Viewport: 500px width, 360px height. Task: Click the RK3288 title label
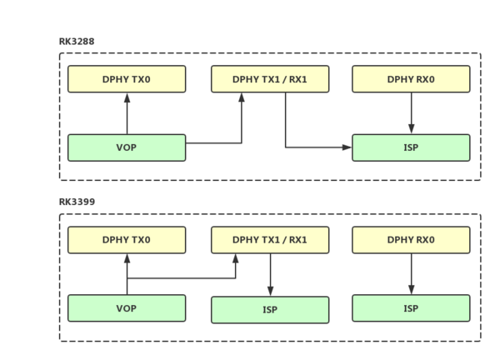pos(77,42)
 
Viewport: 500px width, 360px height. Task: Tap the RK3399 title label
pos(77,202)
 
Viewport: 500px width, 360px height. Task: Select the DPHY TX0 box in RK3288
pos(127,79)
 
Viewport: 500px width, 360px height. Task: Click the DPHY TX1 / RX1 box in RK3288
pos(270,79)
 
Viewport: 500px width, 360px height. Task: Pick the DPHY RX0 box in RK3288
pos(411,79)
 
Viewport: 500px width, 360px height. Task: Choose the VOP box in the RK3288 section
pos(127,147)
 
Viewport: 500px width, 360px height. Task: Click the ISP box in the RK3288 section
pos(411,147)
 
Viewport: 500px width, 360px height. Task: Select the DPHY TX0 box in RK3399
pos(127,240)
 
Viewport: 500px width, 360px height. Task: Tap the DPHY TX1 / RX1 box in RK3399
pos(270,240)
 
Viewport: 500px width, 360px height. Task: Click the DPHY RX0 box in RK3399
pos(411,240)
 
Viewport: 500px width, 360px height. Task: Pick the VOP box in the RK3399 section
pos(127,308)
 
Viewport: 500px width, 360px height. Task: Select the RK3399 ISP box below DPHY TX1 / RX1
pos(270,310)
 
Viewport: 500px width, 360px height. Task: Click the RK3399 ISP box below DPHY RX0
pos(411,308)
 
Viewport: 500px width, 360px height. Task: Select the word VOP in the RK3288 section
pos(127,147)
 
